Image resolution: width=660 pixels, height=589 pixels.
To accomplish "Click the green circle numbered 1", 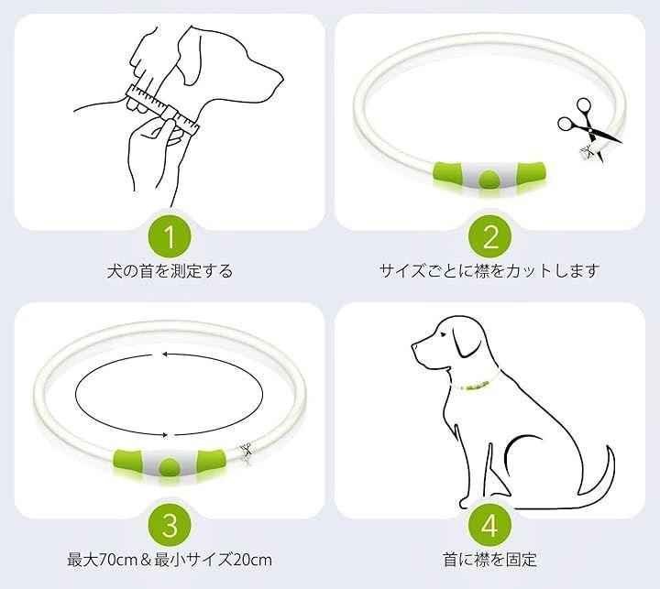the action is [170, 237].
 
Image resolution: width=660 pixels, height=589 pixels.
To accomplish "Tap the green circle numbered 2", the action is [489, 237].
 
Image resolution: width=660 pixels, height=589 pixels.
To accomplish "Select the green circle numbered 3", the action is [170, 526].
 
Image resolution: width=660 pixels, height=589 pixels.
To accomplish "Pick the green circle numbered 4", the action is [489, 526].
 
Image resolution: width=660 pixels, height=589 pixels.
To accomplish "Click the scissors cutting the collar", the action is [588, 125].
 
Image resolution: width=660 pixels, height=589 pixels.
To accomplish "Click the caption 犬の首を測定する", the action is [170, 270].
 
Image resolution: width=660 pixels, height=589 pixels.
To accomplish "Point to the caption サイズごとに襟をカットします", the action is [489, 270].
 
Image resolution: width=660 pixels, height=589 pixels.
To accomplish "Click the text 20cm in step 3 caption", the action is [253, 560].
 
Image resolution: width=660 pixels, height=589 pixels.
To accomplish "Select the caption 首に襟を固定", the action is [489, 560].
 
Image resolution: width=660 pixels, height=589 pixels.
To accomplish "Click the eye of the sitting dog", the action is [443, 335].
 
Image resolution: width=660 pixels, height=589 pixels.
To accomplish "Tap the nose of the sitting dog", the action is [414, 346].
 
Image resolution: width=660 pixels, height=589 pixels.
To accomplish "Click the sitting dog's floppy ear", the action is [467, 342].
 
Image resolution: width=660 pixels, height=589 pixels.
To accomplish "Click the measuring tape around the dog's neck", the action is [163, 109].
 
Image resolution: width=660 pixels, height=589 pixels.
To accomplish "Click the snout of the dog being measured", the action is [265, 84].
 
